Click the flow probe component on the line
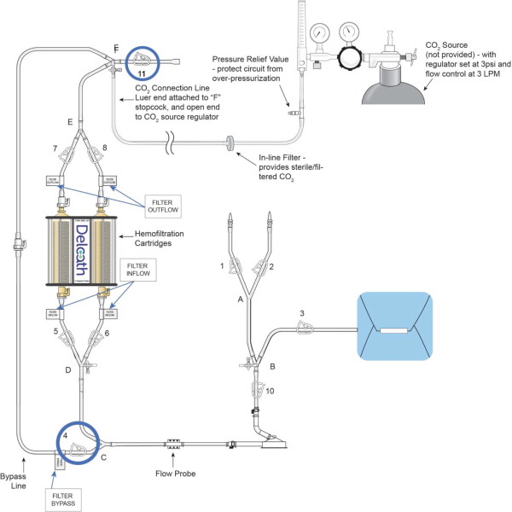coord(174,444)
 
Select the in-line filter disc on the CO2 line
coord(230,143)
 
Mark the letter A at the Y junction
coord(240,299)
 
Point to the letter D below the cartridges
coord(67,370)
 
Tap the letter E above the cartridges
coord(70,122)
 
